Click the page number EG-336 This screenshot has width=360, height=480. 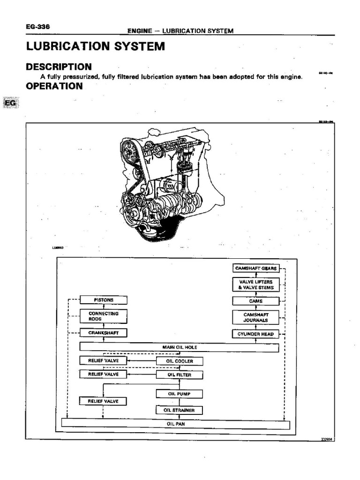point(38,27)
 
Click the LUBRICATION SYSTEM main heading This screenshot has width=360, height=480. point(95,46)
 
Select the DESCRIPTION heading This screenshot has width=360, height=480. point(59,67)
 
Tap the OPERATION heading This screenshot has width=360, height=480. point(54,86)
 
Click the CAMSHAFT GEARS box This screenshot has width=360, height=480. point(256,269)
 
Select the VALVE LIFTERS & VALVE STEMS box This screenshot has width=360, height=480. point(256,285)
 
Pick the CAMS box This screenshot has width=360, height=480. point(256,301)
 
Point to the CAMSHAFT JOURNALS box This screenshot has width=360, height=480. point(256,317)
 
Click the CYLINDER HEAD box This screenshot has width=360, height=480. point(256,334)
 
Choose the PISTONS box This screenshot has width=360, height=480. point(104,300)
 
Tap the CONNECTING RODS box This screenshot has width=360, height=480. point(104,316)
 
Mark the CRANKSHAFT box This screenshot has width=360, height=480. point(104,332)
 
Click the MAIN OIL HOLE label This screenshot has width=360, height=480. point(179,347)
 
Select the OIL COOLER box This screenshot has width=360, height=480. point(180,361)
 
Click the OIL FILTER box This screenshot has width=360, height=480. point(180,375)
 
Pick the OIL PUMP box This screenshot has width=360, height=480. point(180,394)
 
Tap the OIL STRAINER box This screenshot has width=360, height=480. point(180,411)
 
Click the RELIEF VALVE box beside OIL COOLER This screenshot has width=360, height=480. point(104,360)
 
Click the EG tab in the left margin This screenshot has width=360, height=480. point(10,103)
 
